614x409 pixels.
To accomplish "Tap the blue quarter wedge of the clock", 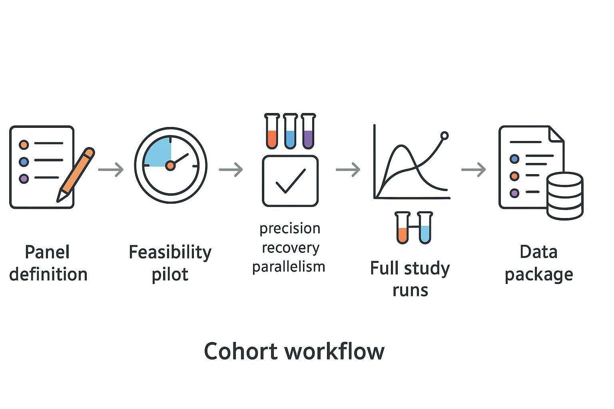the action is click(158, 153).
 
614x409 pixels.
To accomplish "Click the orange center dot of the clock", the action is click(170, 165).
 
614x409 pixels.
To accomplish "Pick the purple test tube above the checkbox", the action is click(308, 131).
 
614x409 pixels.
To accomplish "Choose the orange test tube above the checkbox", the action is click(272, 131).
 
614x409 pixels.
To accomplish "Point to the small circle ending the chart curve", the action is click(444, 136).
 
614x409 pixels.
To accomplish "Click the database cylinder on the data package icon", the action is click(564, 196).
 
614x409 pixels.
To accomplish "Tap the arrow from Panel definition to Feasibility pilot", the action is click(111, 169).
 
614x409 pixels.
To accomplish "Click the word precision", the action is click(290, 229).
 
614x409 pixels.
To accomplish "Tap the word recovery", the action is click(291, 248).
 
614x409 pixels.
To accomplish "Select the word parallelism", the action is click(289, 266).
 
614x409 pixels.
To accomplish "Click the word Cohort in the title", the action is click(241, 351).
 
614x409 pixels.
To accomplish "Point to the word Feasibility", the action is click(170, 252).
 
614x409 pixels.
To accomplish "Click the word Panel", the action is click(47, 252).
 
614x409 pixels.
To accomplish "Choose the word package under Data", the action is click(539, 275).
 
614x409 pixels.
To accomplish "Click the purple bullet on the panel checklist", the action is click(24, 179).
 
